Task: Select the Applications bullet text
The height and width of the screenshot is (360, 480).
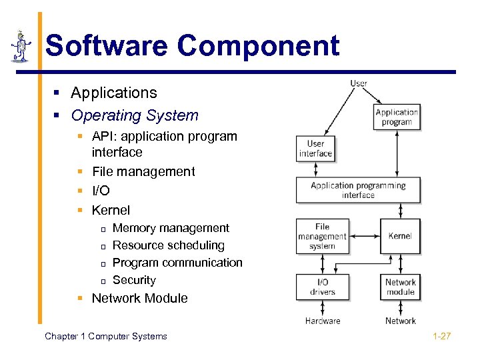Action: tap(113, 93)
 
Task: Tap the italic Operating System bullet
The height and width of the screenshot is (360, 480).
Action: tap(135, 115)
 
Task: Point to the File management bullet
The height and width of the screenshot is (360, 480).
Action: tap(143, 171)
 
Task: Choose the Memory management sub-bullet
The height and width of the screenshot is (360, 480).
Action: tap(171, 228)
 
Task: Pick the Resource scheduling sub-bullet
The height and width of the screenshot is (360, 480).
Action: tap(169, 245)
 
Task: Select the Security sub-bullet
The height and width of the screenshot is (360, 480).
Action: tap(134, 280)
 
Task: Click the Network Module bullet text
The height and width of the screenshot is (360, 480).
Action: tap(139, 298)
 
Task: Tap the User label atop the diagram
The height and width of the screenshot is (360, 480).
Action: tap(359, 83)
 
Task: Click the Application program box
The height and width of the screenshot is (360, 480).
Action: tap(397, 117)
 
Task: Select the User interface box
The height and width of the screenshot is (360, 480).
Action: tap(315, 149)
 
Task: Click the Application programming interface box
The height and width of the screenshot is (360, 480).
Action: tap(358, 190)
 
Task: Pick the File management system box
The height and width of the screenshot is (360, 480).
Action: tap(322, 236)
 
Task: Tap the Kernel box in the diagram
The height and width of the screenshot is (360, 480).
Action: tap(400, 236)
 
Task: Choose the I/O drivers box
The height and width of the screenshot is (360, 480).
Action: tap(322, 287)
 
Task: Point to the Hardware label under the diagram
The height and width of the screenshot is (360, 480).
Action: tap(323, 321)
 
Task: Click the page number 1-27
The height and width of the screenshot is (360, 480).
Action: tap(441, 336)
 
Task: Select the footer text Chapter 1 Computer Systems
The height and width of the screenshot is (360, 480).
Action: tap(106, 336)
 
